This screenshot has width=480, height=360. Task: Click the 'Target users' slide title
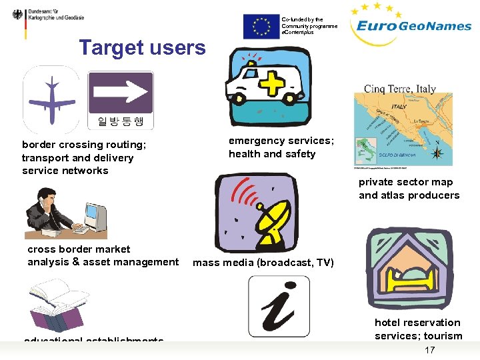[143, 48]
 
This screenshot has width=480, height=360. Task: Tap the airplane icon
[51, 100]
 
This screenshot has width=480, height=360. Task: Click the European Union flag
[261, 27]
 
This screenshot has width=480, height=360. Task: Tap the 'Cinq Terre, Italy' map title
[399, 89]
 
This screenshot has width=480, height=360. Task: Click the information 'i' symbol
[279, 306]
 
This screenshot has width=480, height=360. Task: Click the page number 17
[429, 350]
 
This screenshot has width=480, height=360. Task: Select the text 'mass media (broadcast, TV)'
[263, 263]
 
